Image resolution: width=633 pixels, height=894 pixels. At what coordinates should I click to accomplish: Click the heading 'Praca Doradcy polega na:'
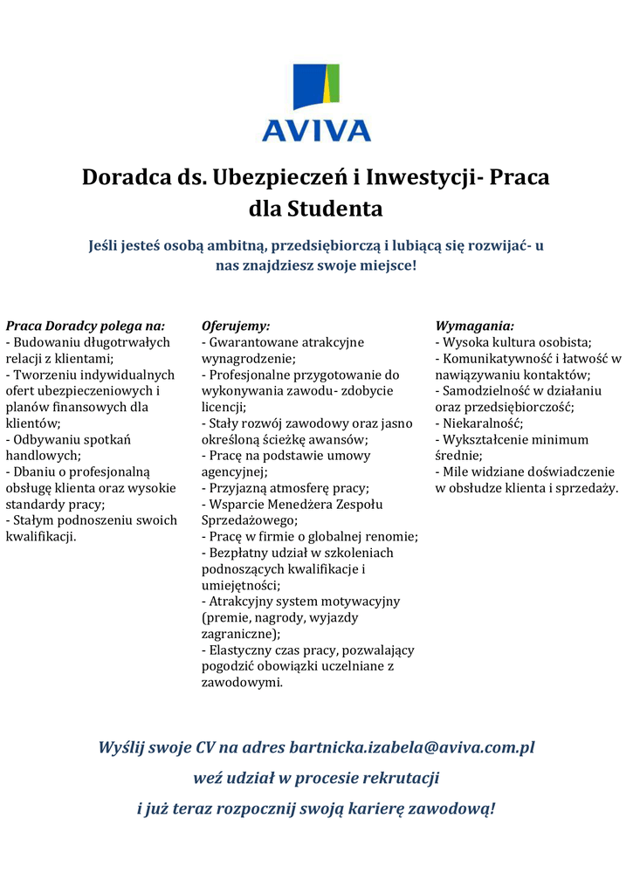85,326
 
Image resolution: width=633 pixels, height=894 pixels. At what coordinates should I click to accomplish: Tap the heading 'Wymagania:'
474,326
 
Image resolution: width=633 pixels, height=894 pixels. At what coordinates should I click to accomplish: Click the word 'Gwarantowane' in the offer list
248,342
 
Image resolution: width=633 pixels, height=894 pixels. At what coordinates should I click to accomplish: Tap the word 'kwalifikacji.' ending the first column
41,536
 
